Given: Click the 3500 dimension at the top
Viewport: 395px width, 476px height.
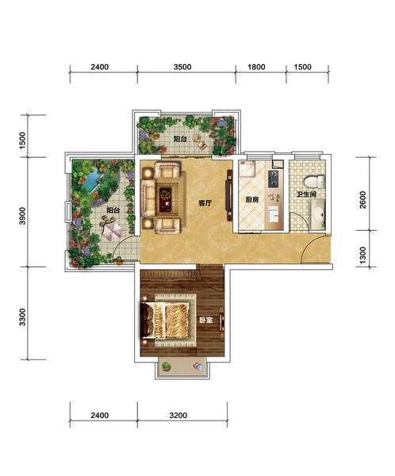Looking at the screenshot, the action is [x=182, y=67].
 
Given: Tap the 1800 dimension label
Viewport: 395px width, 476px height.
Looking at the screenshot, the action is [x=256, y=67].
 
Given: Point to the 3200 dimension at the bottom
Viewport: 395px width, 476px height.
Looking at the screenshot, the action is [x=178, y=415].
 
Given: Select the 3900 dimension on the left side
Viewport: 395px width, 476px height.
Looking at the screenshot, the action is [x=22, y=216].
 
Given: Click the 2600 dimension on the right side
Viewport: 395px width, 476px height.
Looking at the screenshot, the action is [x=362, y=199].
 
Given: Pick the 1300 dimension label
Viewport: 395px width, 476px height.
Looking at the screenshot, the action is [x=362, y=255].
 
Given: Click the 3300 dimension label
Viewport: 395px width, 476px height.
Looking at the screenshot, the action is [x=22, y=317].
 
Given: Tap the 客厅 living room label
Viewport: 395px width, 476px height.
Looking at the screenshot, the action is [x=205, y=203].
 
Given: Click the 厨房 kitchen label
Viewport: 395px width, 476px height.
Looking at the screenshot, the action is [x=251, y=200].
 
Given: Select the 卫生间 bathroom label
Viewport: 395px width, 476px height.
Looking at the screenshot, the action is [x=307, y=194].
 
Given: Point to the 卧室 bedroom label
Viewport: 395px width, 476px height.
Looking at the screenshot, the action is [x=206, y=320].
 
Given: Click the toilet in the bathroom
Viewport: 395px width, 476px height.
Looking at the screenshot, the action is [x=315, y=182].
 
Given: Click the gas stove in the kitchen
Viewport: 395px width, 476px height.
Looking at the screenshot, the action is [x=274, y=178].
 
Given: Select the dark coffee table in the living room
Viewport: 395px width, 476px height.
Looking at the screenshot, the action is [x=166, y=199].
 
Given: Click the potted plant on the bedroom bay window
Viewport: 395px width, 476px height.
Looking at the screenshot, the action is [x=166, y=367].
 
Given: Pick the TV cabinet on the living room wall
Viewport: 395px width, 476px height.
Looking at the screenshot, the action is [x=230, y=196].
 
